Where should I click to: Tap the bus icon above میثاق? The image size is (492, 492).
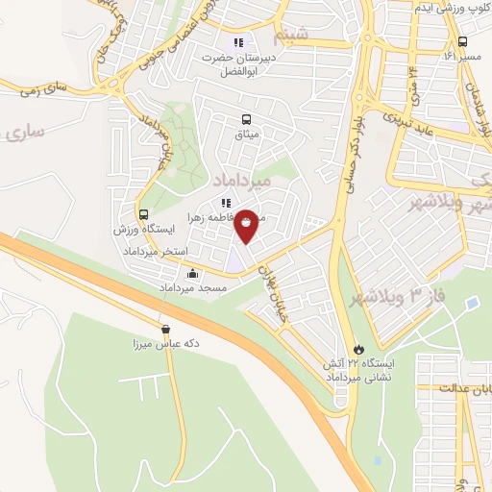[248, 120]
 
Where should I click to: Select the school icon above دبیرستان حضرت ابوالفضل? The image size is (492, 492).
[238, 42]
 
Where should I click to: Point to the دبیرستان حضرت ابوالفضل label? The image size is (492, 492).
[238, 63]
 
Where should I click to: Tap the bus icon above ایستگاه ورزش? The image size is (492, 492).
[143, 215]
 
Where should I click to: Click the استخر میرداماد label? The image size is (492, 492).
[156, 250]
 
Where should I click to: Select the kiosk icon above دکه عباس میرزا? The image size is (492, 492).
[165, 329]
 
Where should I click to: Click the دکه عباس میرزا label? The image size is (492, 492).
[165, 343]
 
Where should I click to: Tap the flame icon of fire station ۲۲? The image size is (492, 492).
[359, 348]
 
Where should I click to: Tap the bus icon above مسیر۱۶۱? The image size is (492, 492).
[462, 41]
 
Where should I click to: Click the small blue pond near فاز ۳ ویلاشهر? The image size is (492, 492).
[471, 303]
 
